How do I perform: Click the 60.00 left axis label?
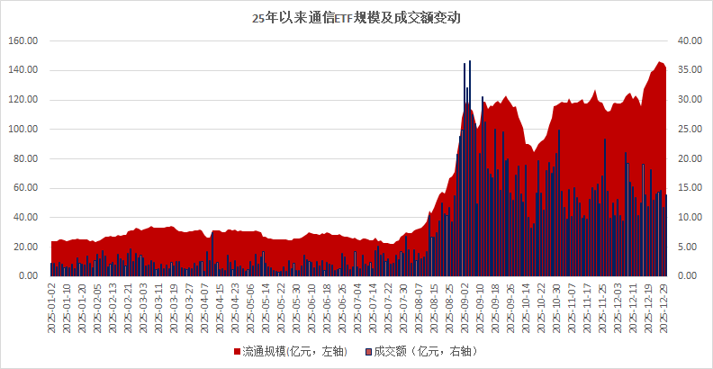tap(25, 188)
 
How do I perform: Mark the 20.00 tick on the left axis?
tap(25, 247)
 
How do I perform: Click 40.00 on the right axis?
tap(689, 41)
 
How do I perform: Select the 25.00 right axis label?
tap(689, 130)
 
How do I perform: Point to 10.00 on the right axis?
tap(689, 218)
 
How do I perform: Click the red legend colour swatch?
tap(238, 350)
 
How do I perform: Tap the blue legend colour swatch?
tap(369, 350)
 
